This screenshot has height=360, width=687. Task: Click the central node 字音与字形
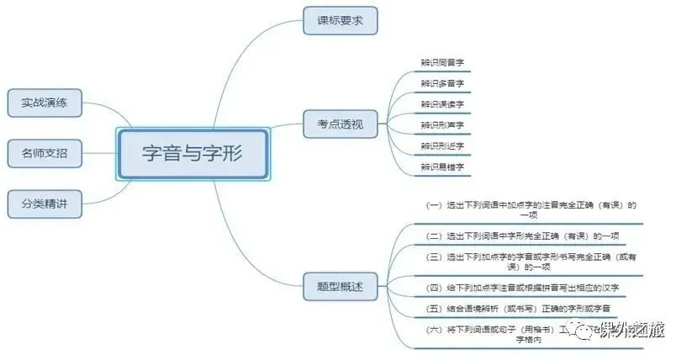pyautogui.click(x=193, y=154)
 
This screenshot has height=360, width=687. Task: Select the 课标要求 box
pyautogui.click(x=340, y=20)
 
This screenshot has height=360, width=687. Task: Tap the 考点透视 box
pyautogui.click(x=340, y=124)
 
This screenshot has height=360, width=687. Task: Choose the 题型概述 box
pyautogui.click(x=340, y=286)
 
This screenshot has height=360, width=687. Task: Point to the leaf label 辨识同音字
pyautogui.click(x=442, y=63)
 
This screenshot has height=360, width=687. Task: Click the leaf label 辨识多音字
pyautogui.click(x=442, y=84)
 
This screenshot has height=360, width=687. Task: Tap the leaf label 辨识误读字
pyautogui.click(x=442, y=104)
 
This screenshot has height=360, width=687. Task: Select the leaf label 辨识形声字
pyautogui.click(x=442, y=125)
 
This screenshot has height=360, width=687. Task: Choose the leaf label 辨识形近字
pyautogui.click(x=442, y=146)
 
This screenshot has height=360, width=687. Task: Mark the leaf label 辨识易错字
pyautogui.click(x=442, y=167)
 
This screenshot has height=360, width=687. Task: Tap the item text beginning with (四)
pyautogui.click(x=526, y=288)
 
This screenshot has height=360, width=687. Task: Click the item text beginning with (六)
pyautogui.click(x=505, y=335)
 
